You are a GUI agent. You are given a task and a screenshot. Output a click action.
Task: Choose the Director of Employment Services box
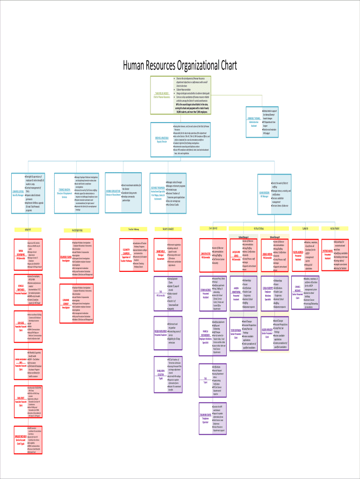65,192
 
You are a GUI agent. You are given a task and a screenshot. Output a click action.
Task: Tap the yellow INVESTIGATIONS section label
77,230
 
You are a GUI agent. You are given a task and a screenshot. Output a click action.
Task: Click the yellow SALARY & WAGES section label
165,229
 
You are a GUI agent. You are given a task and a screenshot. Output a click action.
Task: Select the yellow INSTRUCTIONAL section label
259,228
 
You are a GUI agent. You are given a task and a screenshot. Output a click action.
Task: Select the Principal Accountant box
161,255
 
